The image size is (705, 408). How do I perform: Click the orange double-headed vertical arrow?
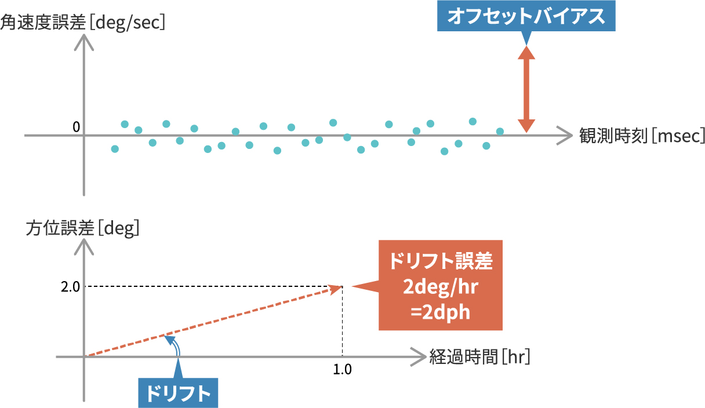pyautogui.click(x=526, y=89)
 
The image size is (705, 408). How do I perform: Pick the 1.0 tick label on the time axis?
pyautogui.click(x=343, y=369)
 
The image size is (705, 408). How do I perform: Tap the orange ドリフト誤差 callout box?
pyautogui.click(x=440, y=285)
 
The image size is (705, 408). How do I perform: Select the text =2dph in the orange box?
pyautogui.click(x=440, y=312)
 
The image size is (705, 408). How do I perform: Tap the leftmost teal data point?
pyautogui.click(x=115, y=149)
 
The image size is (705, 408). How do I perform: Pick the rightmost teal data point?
pyautogui.click(x=500, y=132)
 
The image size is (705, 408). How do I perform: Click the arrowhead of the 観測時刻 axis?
pyautogui.click(x=565, y=136)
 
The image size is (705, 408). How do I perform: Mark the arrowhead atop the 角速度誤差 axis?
pyautogui.click(x=85, y=41)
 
